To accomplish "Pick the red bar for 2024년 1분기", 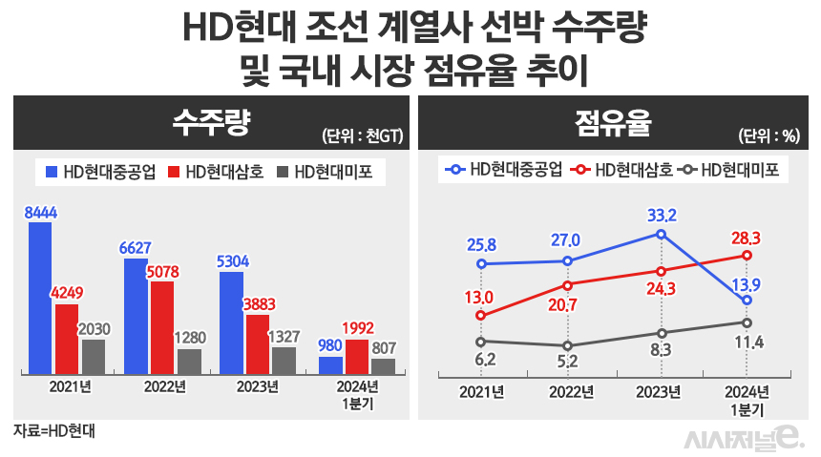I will tap(357, 355).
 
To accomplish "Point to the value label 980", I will tap(330, 345).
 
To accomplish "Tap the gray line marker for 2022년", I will tap(568, 345).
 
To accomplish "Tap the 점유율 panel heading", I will tap(611, 121).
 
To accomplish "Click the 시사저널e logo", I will tap(747, 437).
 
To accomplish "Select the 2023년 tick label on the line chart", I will tap(658, 391).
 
